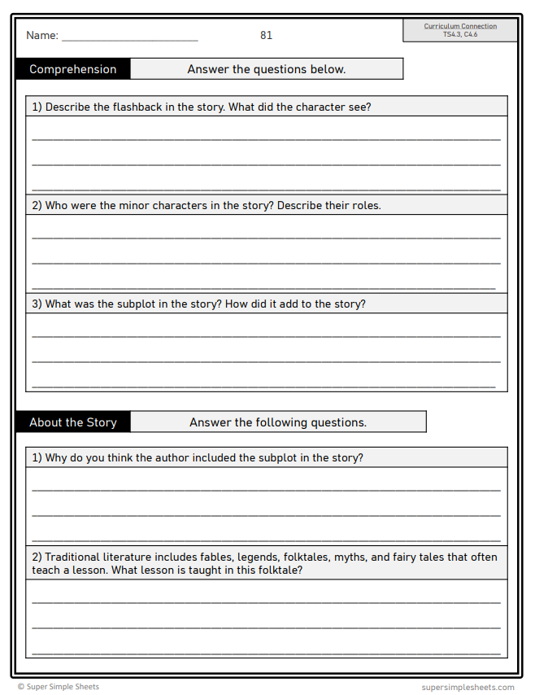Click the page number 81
click(x=266, y=35)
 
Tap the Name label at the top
click(x=42, y=35)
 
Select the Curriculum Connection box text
click(x=459, y=26)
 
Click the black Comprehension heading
click(x=73, y=69)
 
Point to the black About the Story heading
click(x=73, y=422)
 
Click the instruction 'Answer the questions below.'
click(x=267, y=69)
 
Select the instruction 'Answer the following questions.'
click(x=278, y=422)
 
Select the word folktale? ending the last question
click(x=277, y=570)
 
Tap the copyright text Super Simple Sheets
click(x=63, y=687)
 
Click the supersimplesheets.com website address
click(x=468, y=687)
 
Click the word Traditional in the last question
click(x=72, y=557)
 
